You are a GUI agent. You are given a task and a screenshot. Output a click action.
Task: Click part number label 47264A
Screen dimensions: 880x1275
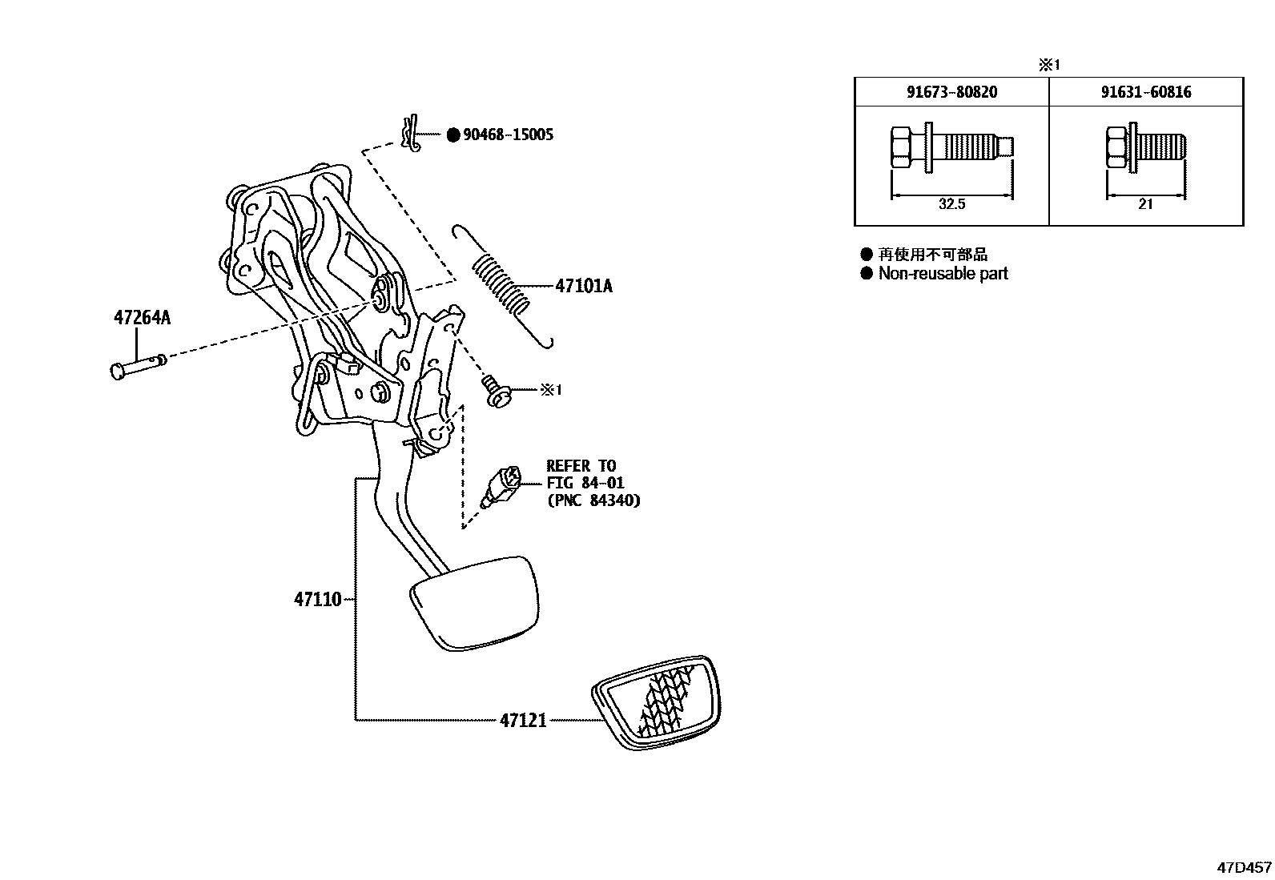pyautogui.click(x=142, y=318)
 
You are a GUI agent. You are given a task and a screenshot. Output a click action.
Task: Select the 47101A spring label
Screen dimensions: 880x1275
pyautogui.click(x=583, y=286)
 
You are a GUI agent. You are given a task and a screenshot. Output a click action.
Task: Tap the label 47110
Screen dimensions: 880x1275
pyautogui.click(x=318, y=599)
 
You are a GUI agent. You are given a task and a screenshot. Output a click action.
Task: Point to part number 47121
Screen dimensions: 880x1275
pyautogui.click(x=523, y=720)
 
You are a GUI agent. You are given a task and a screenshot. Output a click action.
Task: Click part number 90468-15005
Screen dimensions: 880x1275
pyautogui.click(x=508, y=135)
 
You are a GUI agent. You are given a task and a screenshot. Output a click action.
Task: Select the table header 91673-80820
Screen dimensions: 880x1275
pyautogui.click(x=951, y=92)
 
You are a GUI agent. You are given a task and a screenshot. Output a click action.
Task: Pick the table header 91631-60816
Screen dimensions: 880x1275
pyautogui.click(x=1145, y=92)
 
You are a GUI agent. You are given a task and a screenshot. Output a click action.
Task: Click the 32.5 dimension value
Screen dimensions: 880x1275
pyautogui.click(x=951, y=204)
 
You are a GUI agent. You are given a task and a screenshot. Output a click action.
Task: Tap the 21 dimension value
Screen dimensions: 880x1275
pyautogui.click(x=1145, y=204)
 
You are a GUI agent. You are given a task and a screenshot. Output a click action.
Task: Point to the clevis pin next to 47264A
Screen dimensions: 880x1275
pyautogui.click(x=138, y=367)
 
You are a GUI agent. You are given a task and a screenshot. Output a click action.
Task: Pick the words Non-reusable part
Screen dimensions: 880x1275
pyautogui.click(x=943, y=274)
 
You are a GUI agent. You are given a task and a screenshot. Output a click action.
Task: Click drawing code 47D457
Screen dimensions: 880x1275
pyautogui.click(x=1244, y=867)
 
